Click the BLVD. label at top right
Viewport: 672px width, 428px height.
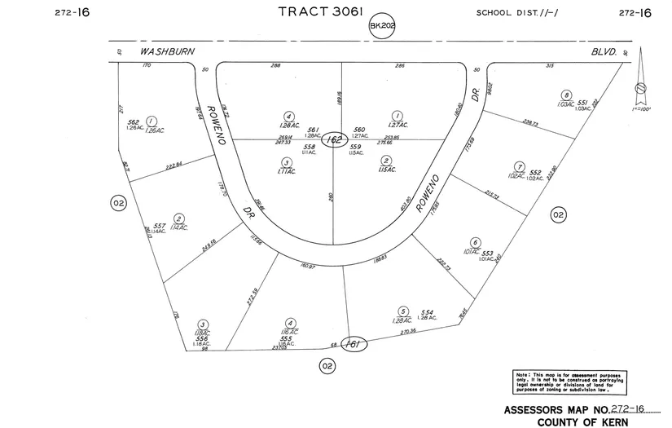(x=604, y=51)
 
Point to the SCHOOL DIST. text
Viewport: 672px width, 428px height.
(x=518, y=12)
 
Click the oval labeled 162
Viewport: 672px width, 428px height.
(x=332, y=140)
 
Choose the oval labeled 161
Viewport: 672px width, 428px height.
(x=354, y=344)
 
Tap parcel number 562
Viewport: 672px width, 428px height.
(x=134, y=122)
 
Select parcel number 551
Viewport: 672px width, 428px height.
(x=582, y=104)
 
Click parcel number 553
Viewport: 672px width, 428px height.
(x=488, y=254)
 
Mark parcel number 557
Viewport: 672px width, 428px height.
(x=159, y=226)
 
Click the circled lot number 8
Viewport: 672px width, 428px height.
(x=566, y=95)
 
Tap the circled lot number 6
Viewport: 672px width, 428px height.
(x=474, y=242)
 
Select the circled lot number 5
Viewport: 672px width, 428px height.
(x=402, y=311)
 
